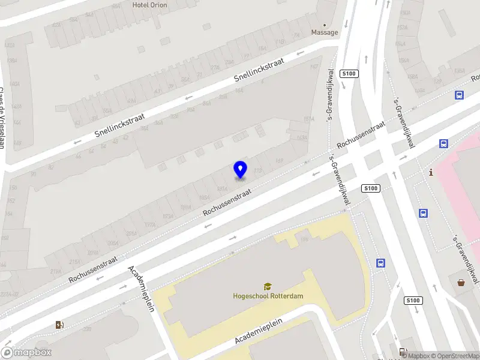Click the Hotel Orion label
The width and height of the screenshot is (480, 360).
(x=149, y=5)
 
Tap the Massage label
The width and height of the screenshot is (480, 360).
(x=324, y=32)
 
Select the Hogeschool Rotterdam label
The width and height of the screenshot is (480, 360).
(x=268, y=296)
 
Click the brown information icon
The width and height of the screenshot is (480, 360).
(x=431, y=173)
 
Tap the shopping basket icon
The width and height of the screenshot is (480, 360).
(x=461, y=283)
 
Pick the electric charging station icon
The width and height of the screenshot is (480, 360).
(x=59, y=325)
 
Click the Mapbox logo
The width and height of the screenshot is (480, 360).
(x=26, y=353)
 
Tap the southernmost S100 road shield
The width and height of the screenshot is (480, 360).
(x=412, y=301)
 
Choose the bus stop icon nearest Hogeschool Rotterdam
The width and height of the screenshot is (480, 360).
(x=380, y=263)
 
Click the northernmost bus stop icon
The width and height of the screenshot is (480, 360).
(x=460, y=95)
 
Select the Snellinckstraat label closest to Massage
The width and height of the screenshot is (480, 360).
(x=258, y=72)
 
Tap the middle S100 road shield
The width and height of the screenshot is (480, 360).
(x=371, y=188)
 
